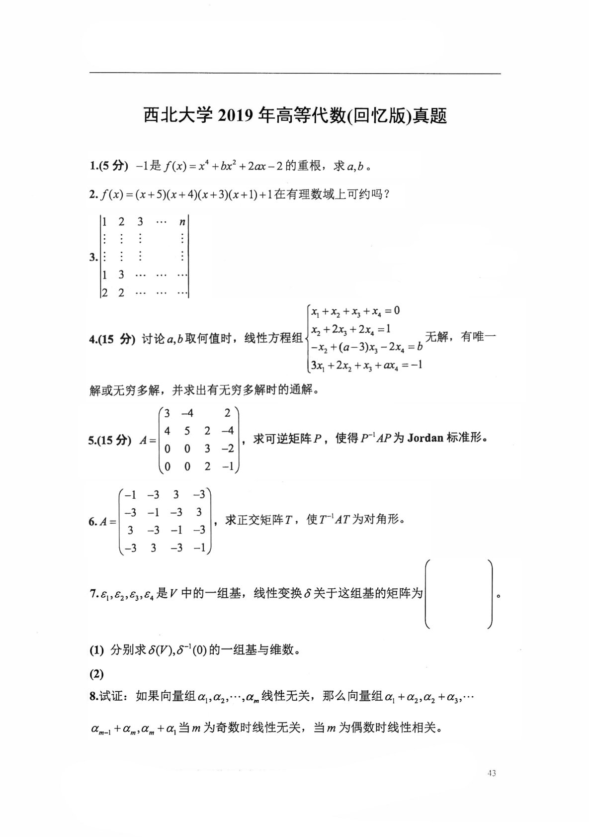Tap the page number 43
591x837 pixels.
(x=492, y=773)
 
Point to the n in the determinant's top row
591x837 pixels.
(x=182, y=222)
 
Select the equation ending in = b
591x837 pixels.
(x=366, y=347)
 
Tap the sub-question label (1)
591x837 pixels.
(x=96, y=650)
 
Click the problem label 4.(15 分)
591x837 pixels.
(x=112, y=340)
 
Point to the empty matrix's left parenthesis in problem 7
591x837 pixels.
(x=428, y=594)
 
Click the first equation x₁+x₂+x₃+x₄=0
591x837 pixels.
(x=355, y=312)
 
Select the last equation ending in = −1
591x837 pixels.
(x=366, y=365)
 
